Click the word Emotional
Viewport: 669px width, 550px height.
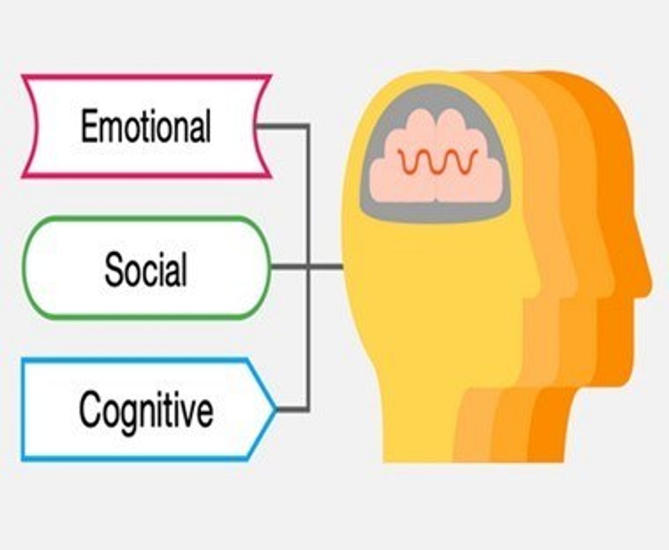point(146,126)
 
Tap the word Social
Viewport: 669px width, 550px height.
point(146,269)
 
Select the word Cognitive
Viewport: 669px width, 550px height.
point(146,411)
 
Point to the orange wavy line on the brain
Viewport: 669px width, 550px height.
point(438,161)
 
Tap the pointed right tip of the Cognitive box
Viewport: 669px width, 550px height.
point(277,409)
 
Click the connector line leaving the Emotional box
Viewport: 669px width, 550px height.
point(282,127)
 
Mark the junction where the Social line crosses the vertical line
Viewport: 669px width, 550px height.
point(308,267)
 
